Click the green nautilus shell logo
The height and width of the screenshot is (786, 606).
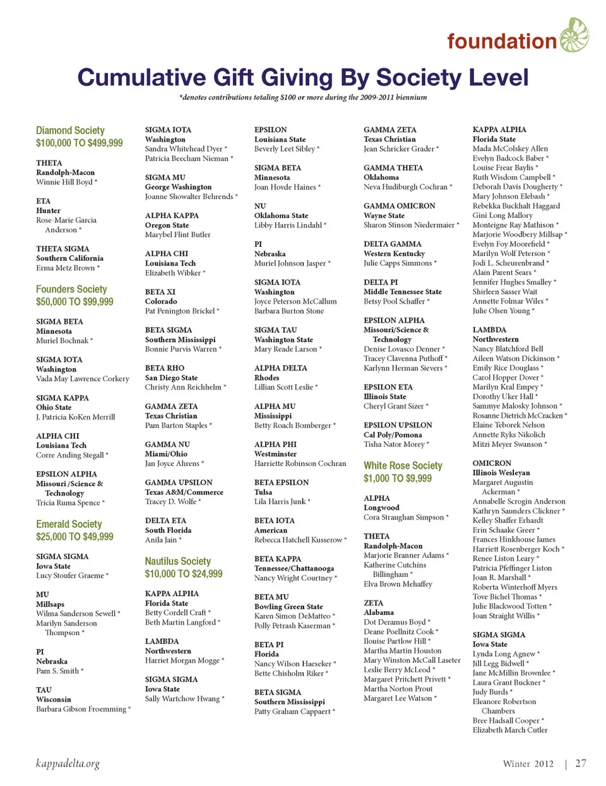(573, 35)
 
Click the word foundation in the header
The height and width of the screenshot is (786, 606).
(501, 42)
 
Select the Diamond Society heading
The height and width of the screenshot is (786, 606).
(70, 130)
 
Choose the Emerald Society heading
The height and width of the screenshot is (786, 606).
(69, 524)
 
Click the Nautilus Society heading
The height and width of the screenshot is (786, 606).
(178, 561)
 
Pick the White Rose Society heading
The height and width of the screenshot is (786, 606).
(403, 465)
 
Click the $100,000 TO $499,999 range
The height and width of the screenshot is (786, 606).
(80, 143)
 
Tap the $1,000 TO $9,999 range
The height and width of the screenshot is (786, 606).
(398, 479)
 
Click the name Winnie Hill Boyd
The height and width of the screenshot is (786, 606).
(64, 182)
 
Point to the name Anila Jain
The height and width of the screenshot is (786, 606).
(161, 540)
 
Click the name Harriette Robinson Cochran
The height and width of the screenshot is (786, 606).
(300, 464)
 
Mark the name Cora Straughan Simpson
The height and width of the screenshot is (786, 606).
(404, 518)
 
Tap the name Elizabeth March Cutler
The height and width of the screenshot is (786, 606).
(510, 730)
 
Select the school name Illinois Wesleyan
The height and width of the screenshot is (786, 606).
(501, 473)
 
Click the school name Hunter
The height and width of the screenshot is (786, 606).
(49, 211)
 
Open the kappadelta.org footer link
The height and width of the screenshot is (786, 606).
(68, 764)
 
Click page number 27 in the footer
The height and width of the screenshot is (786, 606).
(581, 763)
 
